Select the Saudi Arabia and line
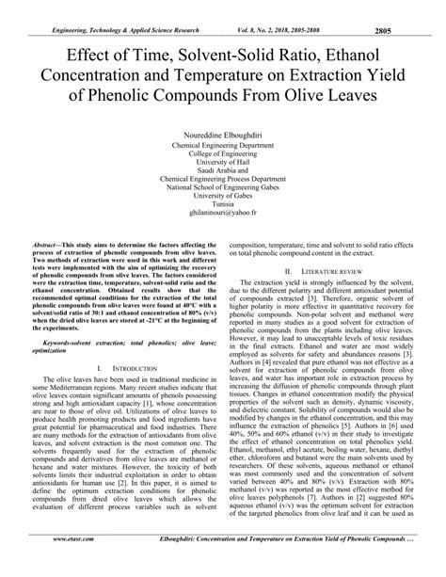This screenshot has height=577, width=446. pyautogui.click(x=223, y=174)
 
